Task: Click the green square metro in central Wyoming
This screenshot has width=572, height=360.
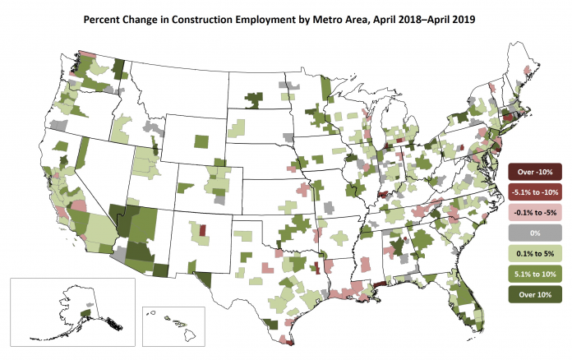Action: tap(201, 141)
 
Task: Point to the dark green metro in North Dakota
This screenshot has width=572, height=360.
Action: tap(254, 100)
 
